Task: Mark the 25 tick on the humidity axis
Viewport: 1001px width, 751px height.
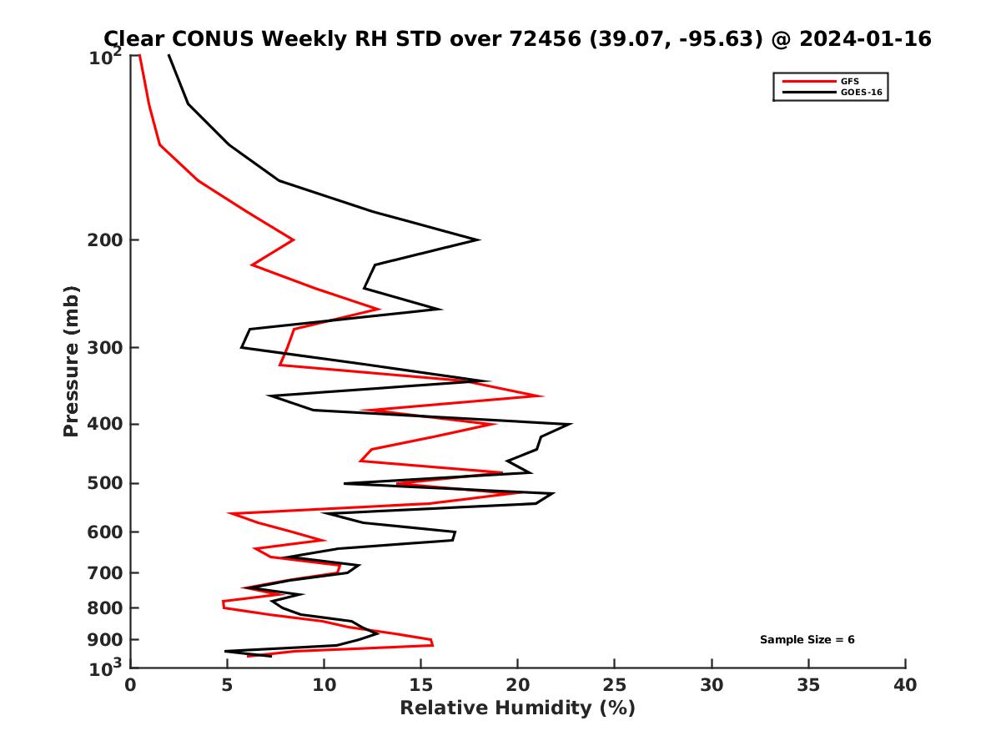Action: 615,685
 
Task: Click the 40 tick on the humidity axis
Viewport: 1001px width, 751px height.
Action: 905,685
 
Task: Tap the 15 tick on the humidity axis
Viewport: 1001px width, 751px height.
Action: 420,685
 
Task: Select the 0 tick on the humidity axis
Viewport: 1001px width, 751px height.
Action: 130,685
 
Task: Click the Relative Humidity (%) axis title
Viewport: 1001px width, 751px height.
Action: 517,708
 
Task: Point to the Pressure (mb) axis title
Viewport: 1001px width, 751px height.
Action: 72,360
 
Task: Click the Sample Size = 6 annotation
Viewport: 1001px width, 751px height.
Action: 807,640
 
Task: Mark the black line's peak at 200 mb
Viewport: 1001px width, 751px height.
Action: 479,239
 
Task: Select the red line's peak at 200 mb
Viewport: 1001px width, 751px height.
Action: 294,239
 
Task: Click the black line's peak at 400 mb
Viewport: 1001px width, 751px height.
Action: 571,424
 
